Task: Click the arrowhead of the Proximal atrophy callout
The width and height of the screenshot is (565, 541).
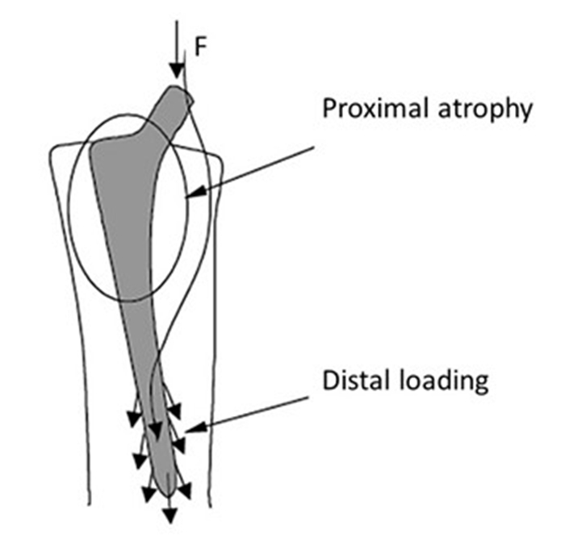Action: point(190,194)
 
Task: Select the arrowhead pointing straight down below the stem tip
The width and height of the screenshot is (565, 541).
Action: point(170,517)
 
